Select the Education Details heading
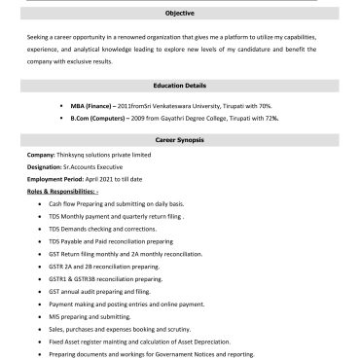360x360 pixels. (180, 86)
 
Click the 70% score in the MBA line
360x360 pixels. (292, 103)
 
